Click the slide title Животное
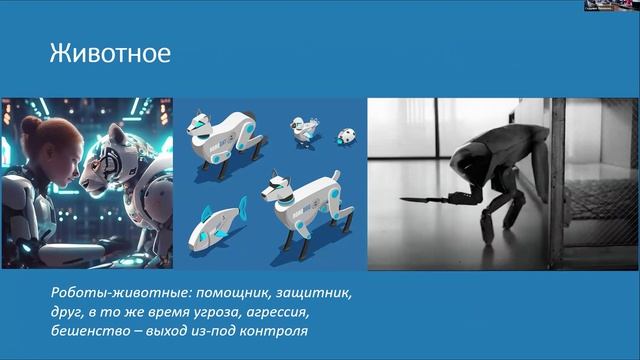point(111,52)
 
